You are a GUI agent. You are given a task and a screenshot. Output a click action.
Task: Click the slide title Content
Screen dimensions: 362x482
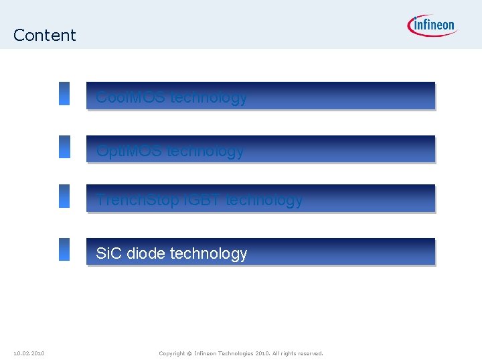coord(44,35)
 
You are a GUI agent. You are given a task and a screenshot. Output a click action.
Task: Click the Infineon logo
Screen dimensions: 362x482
coord(431,25)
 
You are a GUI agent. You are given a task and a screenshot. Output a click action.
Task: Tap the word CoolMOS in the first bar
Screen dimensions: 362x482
coord(131,97)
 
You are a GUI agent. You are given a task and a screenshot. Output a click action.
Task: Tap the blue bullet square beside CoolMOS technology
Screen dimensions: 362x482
coord(64,94)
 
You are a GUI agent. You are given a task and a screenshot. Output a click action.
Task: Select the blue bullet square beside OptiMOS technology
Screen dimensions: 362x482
coord(64,147)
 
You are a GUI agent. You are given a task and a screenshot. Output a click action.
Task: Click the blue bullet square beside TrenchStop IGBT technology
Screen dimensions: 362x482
coord(64,196)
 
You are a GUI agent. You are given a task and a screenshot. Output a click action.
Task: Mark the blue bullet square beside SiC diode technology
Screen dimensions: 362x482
coord(64,249)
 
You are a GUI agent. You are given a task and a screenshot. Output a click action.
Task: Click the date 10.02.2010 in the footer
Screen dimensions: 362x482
coord(29,353)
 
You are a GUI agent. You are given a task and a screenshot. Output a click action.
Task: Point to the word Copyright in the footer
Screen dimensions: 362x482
coord(171,353)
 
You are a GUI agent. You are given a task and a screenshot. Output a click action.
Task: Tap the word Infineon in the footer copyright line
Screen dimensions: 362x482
coord(209,353)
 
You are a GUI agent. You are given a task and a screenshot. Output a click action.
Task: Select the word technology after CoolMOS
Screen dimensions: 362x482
coord(209,97)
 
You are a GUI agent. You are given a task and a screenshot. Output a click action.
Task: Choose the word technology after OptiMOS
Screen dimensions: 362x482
coord(206,151)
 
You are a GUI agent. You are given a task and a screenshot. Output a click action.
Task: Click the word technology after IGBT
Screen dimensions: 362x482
coord(264,200)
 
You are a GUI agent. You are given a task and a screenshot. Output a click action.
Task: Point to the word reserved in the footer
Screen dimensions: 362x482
coord(309,353)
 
